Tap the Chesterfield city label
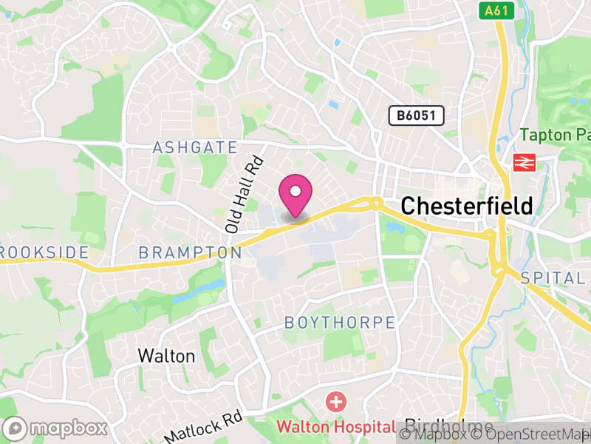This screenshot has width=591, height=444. (x=466, y=206)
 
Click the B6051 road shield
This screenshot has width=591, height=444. (x=417, y=115)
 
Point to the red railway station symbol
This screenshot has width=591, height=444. (x=525, y=163)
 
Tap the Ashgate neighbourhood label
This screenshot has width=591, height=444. (x=195, y=148)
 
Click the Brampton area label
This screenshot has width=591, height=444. (x=190, y=253)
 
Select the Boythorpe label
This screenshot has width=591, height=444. (x=340, y=323)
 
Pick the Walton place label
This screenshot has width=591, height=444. (x=166, y=356)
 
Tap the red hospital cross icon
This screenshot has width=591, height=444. (x=336, y=403)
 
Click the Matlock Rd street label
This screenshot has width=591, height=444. (x=203, y=427)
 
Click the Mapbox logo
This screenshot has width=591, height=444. (x=56, y=428)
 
